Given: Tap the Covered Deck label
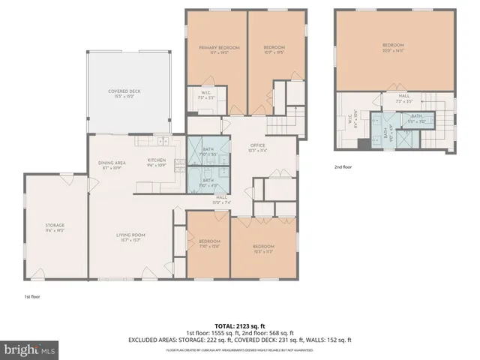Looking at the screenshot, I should click(x=124, y=93).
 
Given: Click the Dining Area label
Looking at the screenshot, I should click(x=110, y=165).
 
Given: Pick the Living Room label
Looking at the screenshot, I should click(x=130, y=238).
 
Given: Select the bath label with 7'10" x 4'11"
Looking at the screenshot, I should click(x=208, y=182).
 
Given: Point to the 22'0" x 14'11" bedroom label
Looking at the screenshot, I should click(x=393, y=47).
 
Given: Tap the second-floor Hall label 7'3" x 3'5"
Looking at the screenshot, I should click(x=403, y=98).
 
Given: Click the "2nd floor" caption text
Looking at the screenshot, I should click(x=343, y=167).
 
